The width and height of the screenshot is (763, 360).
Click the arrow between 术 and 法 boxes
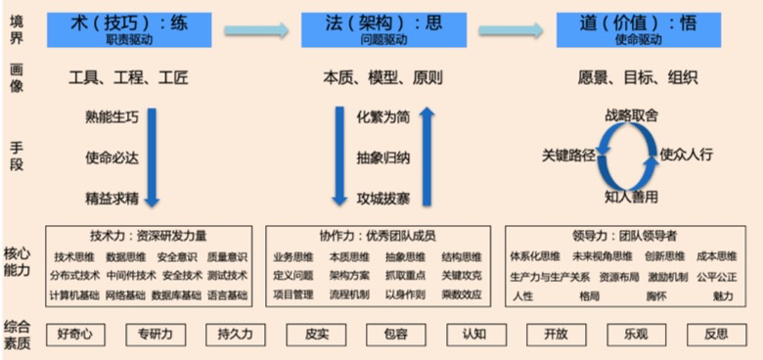click(256, 31)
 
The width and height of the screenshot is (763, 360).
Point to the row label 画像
click(17, 78)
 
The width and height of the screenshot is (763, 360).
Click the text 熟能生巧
click(112, 117)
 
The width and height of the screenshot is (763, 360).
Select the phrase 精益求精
click(112, 196)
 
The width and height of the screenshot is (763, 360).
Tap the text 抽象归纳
click(383, 157)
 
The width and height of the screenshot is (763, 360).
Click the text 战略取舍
click(631, 115)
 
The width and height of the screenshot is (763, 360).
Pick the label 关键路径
click(568, 155)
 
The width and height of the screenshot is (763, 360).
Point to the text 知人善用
click(631, 197)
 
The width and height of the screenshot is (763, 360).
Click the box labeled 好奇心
click(74, 334)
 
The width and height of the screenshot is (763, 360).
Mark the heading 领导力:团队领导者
click(624, 236)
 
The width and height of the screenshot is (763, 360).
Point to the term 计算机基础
click(73, 294)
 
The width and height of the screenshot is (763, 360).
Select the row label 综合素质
click(17, 333)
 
